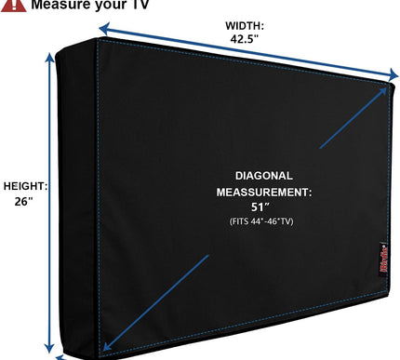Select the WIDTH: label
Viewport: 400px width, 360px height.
coord(245,25)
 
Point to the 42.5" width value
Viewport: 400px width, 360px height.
coord(245,40)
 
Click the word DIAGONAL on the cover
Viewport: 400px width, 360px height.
coord(264,176)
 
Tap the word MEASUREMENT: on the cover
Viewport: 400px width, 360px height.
coord(264,192)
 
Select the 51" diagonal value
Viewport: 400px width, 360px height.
coord(264,207)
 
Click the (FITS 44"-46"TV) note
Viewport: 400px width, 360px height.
coord(264,221)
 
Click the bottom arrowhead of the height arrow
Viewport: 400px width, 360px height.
coord(59,353)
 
